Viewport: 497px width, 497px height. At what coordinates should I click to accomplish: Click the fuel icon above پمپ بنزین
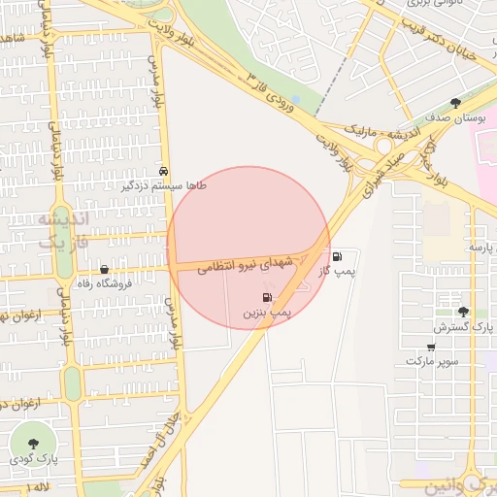pos(267,297)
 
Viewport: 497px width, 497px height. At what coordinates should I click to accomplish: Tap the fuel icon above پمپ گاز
pos(337,257)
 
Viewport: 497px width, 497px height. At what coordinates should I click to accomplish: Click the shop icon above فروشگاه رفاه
pos(105,270)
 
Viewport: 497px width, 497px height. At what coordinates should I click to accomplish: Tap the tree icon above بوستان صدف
pos(456,103)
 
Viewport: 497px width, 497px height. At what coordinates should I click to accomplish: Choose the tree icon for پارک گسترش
pos(463,312)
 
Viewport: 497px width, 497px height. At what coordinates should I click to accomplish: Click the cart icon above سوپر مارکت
pos(431,347)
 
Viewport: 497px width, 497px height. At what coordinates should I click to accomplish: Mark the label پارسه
pos(481,247)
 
